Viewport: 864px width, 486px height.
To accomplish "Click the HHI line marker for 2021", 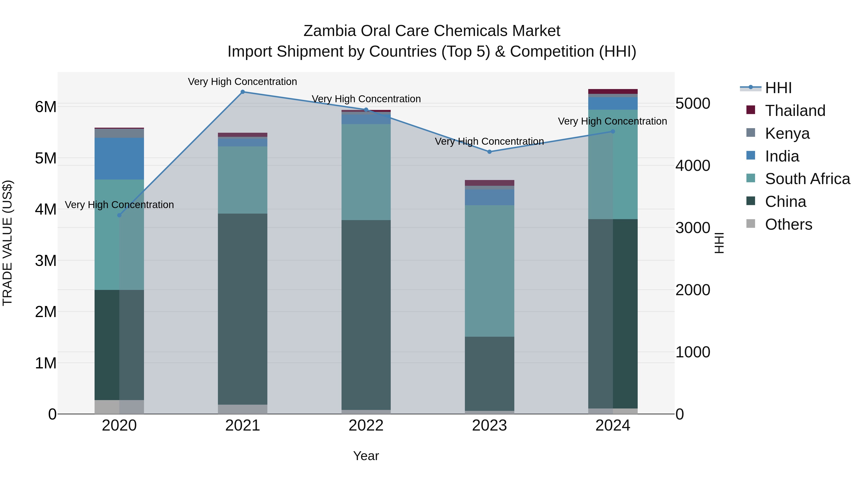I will click(x=242, y=92).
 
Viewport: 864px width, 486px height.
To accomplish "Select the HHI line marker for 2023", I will click(x=489, y=152).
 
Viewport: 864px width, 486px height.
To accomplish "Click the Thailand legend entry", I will click(x=795, y=111).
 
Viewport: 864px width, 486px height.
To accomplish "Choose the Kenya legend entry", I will click(x=787, y=133).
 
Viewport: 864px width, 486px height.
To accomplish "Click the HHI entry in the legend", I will click(x=778, y=88).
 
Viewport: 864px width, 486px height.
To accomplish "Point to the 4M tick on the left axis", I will click(x=46, y=209).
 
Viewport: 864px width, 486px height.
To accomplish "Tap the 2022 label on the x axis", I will click(x=366, y=426).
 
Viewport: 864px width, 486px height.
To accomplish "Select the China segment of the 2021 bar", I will click(x=242, y=309).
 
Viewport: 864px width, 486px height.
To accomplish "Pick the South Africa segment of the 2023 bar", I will click(x=489, y=271).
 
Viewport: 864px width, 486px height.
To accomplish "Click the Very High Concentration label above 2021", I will click(x=242, y=82).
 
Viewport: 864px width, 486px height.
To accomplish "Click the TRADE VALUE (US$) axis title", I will click(x=7, y=243).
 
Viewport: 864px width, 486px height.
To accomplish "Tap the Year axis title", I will click(x=366, y=456).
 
